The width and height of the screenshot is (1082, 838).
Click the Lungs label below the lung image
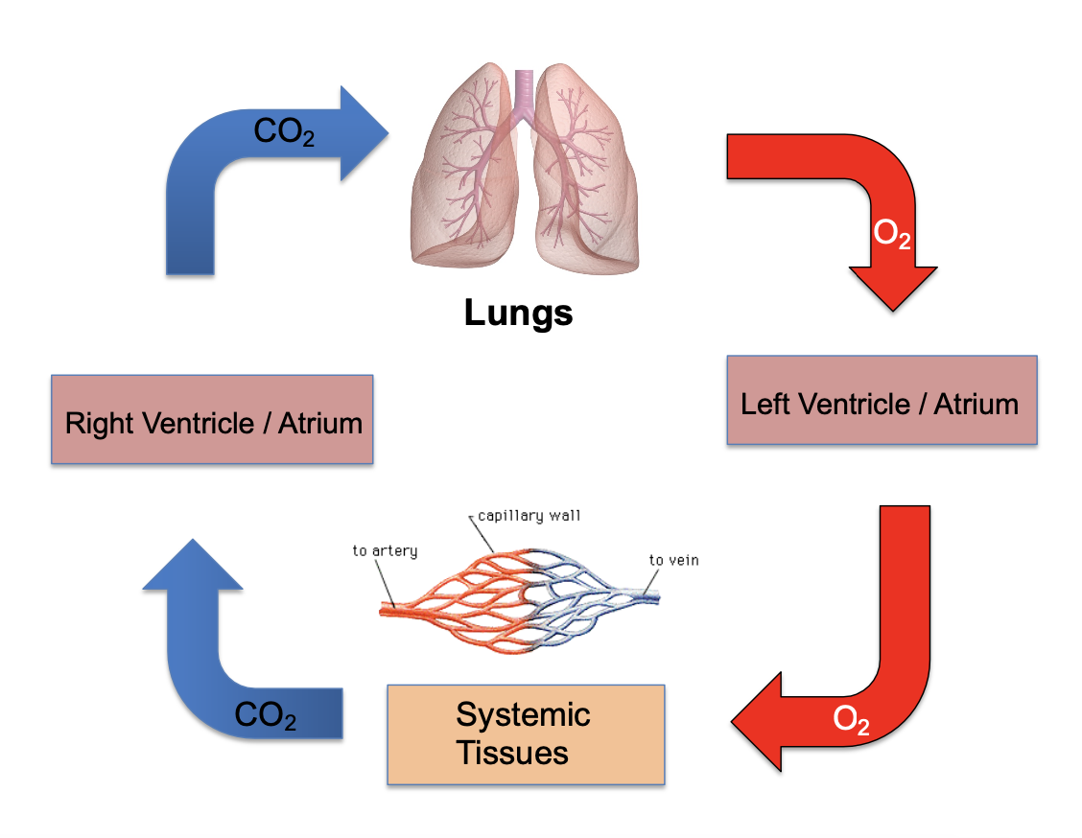[x=518, y=313]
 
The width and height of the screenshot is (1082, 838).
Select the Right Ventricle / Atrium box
[x=212, y=421]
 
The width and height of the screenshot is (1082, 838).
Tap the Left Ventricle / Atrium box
[x=881, y=401]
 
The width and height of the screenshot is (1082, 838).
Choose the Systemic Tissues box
[x=525, y=733]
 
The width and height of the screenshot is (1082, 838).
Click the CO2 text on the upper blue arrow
[x=283, y=132]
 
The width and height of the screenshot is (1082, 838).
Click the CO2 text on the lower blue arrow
[x=265, y=715]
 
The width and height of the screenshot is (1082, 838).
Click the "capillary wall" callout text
[x=529, y=516]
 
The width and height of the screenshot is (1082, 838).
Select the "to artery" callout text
[x=385, y=550]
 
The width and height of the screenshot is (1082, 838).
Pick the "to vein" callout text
[x=673, y=560]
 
